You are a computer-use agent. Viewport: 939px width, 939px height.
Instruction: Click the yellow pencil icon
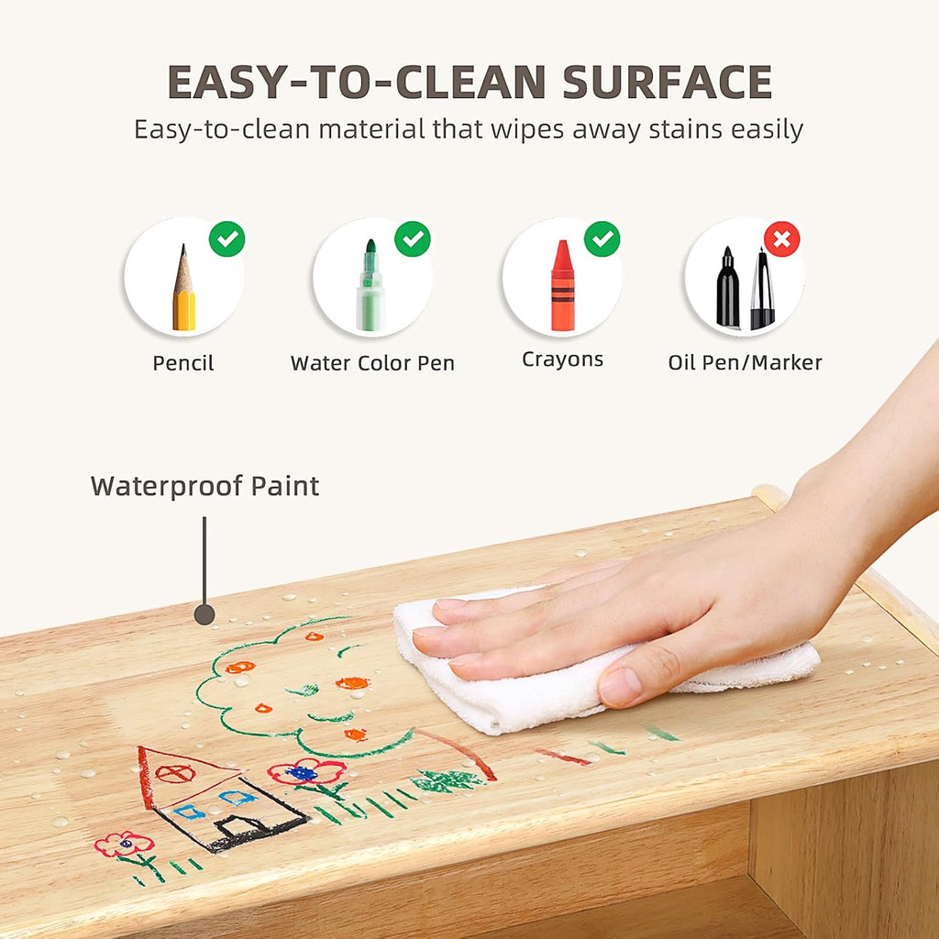[183, 287]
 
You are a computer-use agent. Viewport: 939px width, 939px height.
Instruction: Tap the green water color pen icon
[370, 285]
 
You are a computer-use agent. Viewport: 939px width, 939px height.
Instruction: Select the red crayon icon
[562, 286]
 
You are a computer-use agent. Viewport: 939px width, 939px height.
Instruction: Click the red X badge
[781, 239]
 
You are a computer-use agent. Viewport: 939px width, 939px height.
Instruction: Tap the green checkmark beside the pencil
[227, 239]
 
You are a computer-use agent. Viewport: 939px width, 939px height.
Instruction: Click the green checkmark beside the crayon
[602, 239]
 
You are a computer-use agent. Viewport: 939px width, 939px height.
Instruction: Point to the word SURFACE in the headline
[668, 82]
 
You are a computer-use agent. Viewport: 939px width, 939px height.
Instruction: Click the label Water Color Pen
[372, 363]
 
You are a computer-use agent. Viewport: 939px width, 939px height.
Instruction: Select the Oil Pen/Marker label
[745, 362]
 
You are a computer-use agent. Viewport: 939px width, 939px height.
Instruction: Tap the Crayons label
[562, 359]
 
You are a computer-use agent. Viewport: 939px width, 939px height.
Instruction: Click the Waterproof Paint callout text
[204, 486]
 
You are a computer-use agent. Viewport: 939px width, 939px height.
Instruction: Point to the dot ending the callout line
[204, 615]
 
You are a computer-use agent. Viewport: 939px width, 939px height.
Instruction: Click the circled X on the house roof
[175, 774]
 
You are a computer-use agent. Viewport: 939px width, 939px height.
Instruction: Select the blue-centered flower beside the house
[306, 772]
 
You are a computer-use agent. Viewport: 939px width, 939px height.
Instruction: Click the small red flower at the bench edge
[124, 844]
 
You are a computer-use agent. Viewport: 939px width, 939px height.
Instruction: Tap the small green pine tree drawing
[447, 781]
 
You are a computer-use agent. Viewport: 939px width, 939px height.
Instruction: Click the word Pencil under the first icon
[183, 363]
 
